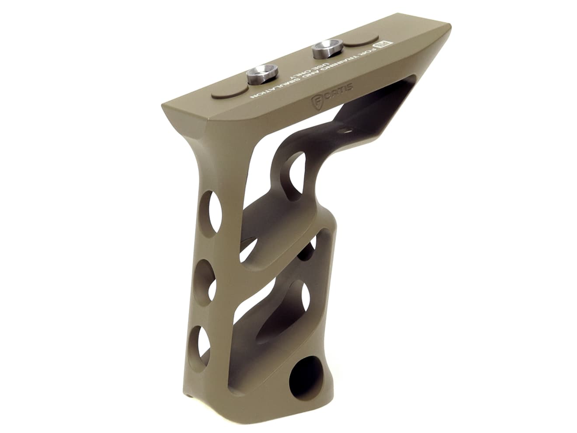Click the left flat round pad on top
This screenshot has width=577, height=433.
coord(227,91)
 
